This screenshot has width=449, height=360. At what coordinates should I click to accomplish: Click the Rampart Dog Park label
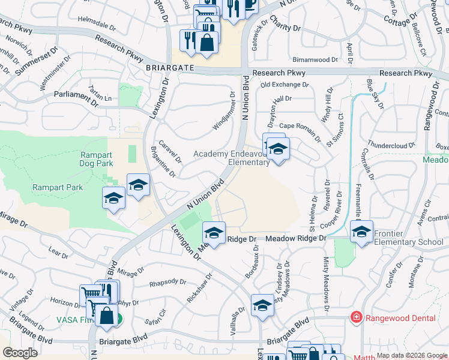97,158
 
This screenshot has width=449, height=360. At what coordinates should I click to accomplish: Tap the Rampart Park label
57,188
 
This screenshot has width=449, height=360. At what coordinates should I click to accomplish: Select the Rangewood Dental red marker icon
356,316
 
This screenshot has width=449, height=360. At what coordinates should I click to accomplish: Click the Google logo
20,353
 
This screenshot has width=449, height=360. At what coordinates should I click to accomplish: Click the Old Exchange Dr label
284,85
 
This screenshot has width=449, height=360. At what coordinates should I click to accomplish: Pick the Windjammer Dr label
224,112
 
